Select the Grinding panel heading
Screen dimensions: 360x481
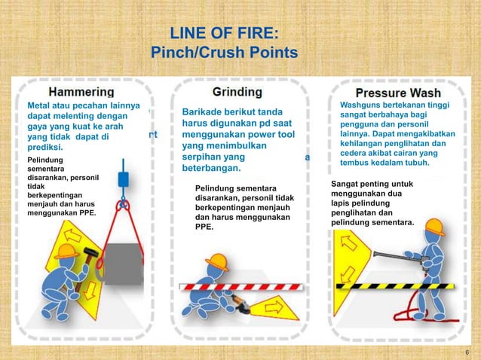pyautogui.click(x=237, y=92)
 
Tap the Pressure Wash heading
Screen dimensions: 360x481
pyautogui.click(x=398, y=94)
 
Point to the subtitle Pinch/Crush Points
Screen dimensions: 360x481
pyautogui.click(x=224, y=53)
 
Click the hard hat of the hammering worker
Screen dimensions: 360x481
pyautogui.click(x=66, y=252)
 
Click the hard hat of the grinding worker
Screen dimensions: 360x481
pyautogui.click(x=217, y=261)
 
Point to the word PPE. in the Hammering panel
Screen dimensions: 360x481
pyautogui.click(x=97, y=212)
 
